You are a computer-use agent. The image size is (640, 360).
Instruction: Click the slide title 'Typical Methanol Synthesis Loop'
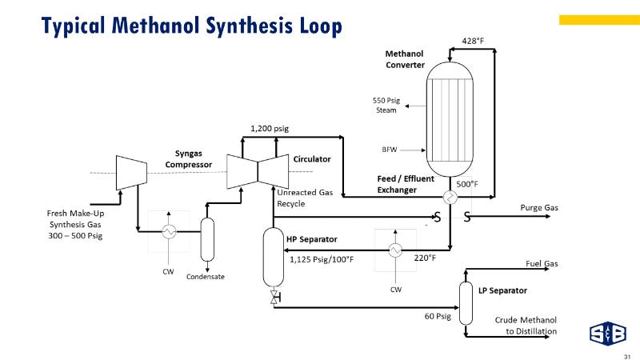click(193, 26)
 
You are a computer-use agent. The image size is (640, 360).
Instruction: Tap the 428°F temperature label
click(476, 40)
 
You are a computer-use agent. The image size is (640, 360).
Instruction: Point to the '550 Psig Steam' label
click(386, 105)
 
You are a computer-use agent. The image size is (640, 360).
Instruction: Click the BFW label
click(390, 149)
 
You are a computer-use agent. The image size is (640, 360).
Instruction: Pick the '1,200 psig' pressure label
click(269, 127)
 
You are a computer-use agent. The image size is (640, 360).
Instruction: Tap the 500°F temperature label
click(467, 184)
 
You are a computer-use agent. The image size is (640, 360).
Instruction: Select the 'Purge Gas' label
click(539, 208)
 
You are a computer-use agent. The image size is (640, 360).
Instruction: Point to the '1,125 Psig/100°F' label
click(322, 258)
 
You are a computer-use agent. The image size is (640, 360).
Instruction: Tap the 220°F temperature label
click(425, 258)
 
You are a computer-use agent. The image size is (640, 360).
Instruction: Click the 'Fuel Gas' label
click(541, 263)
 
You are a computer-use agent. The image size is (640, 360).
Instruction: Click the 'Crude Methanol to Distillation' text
click(526, 326)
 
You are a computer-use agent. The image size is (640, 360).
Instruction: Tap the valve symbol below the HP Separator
click(275, 298)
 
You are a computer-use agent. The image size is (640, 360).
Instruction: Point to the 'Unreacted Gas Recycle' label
click(304, 198)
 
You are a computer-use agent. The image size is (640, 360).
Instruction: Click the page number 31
click(627, 355)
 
